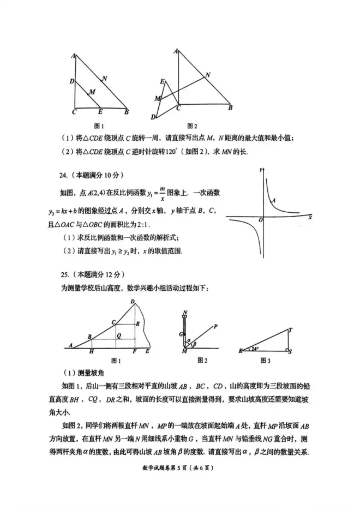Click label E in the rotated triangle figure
[162, 81]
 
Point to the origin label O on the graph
[261, 220]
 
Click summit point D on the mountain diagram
[133, 302]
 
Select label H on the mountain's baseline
[91, 352]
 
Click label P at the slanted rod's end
[215, 326]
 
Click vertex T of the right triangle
[290, 329]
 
